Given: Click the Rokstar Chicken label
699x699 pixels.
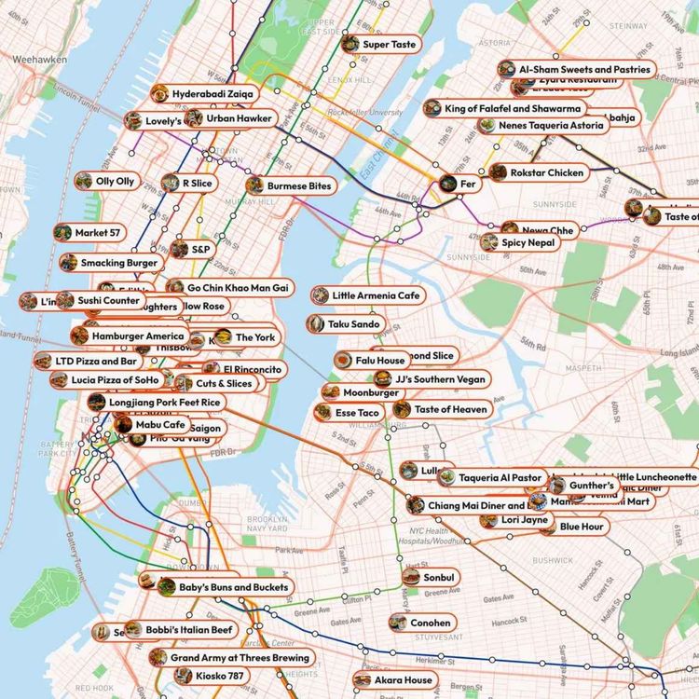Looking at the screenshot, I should [x=551, y=172].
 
